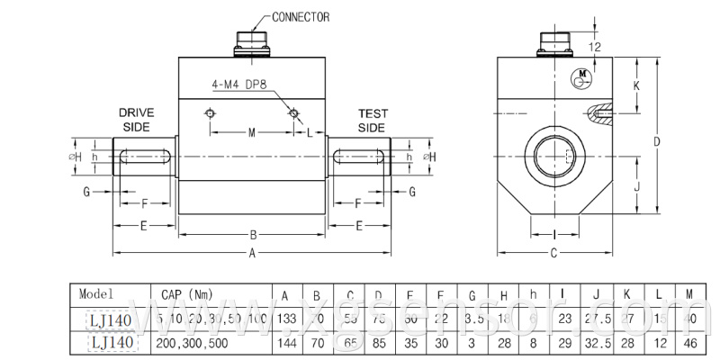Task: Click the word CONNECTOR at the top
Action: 301,17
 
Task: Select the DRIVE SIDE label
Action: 137,120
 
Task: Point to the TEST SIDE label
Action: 372,120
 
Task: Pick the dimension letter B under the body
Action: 253,236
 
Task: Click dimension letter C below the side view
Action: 553,253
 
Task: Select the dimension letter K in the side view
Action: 636,85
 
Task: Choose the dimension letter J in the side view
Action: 636,186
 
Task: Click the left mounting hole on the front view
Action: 210,113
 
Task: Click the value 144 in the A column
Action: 285,343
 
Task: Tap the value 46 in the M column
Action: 688,343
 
